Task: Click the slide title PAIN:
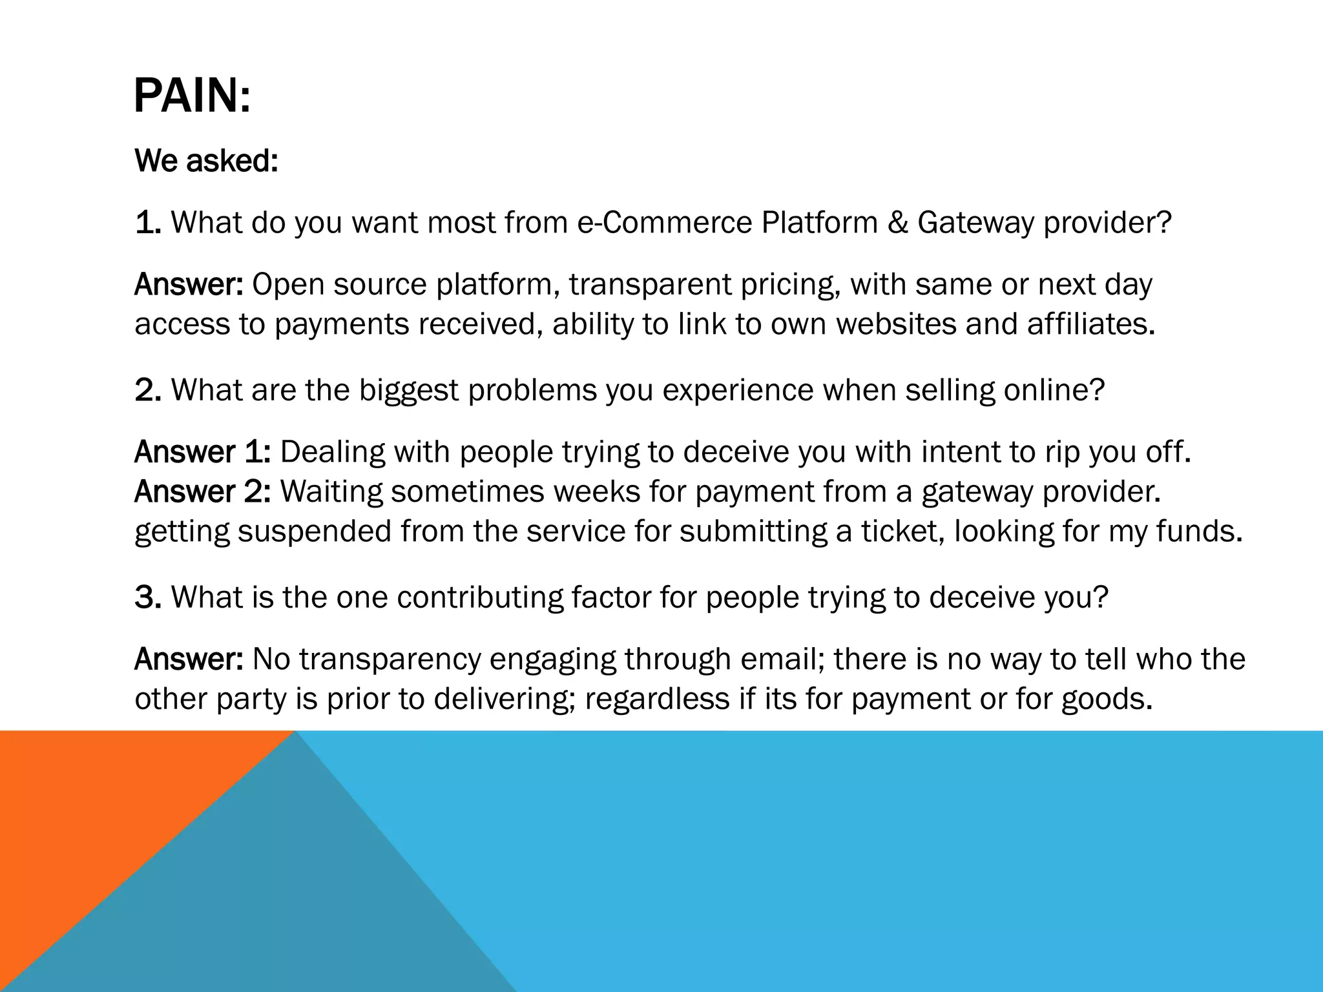coord(192,96)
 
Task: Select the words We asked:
coord(206,161)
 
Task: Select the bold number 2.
coord(147,390)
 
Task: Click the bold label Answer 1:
coord(202,452)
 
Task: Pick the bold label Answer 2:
coord(202,492)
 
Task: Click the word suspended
coord(315,532)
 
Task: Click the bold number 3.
coord(147,597)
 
